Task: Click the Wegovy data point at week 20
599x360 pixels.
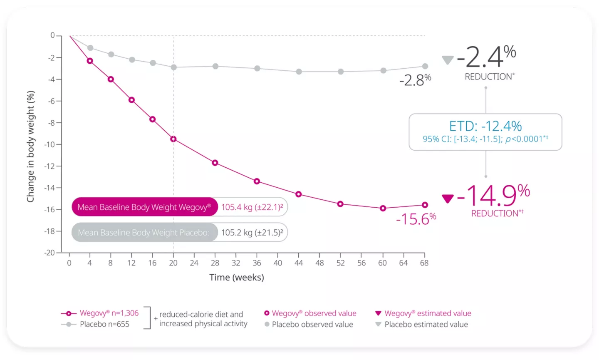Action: point(173,139)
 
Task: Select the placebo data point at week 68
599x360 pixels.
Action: point(425,66)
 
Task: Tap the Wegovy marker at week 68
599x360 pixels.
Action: point(425,205)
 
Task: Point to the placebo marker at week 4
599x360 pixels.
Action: point(90,48)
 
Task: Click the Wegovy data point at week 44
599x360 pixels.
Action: point(298,194)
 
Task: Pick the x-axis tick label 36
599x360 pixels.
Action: point(257,263)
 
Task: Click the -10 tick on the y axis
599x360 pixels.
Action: point(50,144)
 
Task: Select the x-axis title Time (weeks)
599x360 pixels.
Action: point(236,277)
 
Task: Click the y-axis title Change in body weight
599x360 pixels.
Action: point(30,146)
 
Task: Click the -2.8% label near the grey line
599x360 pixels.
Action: point(415,80)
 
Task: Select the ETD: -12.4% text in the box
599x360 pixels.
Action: point(485,126)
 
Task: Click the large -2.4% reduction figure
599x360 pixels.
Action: point(486,57)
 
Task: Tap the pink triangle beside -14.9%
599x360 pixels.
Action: point(448,199)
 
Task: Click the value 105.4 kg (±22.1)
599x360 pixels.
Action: point(252,207)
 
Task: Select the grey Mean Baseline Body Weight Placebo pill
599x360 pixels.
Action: point(144,233)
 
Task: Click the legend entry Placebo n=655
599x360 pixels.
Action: point(104,324)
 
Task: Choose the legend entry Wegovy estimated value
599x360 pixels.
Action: point(427,313)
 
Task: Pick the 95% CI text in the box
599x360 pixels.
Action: point(485,139)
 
